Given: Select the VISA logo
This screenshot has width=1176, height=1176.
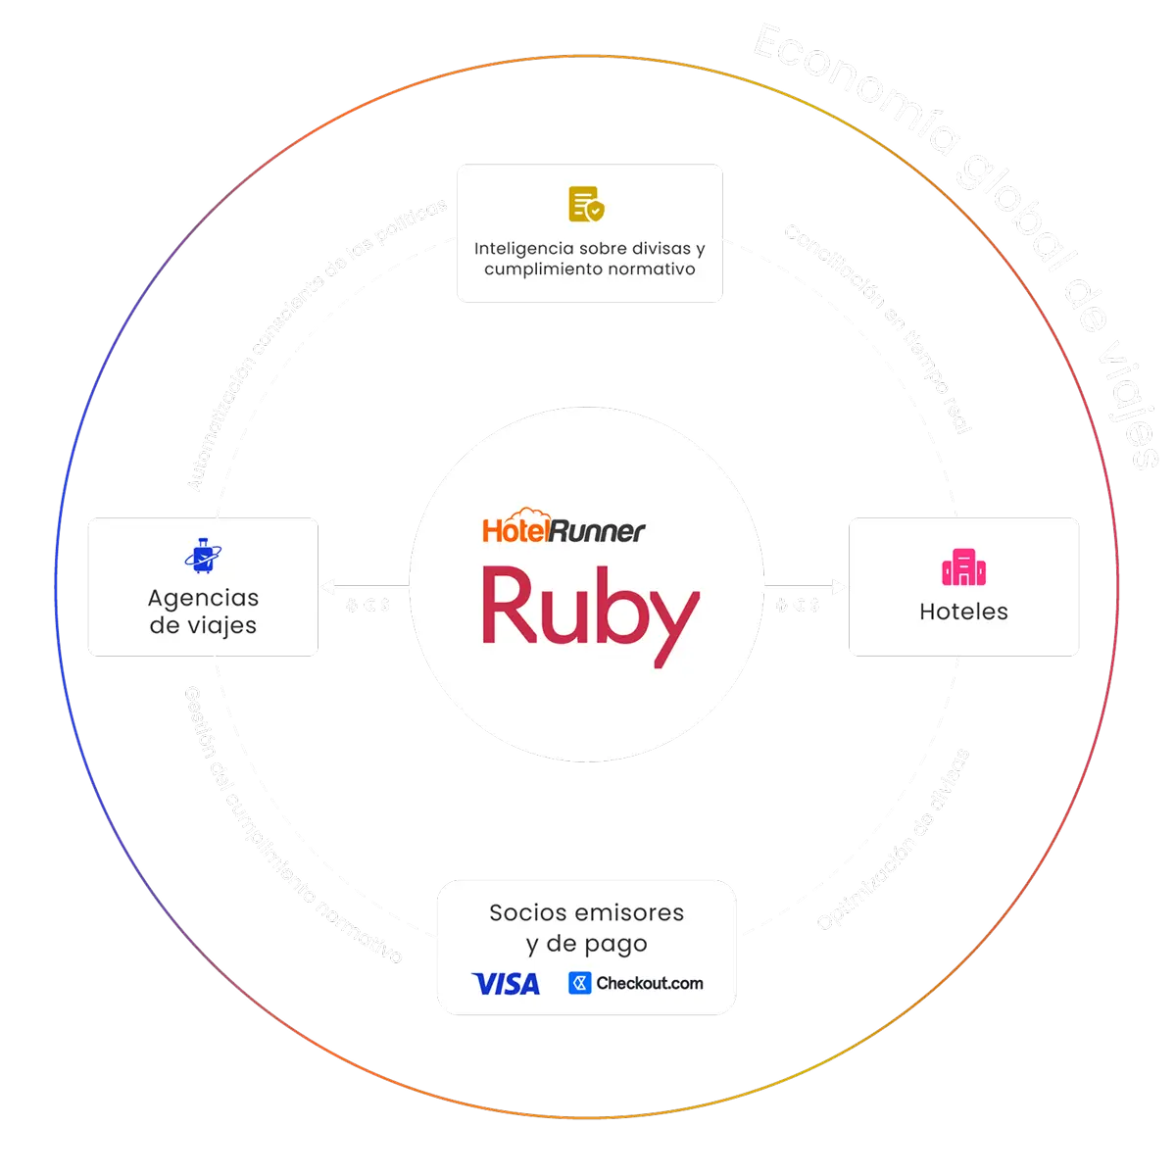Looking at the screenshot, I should tap(505, 983).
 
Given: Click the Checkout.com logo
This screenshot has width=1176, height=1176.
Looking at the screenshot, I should tap(636, 983).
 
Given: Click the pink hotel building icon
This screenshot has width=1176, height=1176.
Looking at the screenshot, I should tap(963, 567).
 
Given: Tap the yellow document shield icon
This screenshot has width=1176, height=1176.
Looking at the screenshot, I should tap(587, 204).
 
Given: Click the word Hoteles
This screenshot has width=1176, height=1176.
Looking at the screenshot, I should tap(963, 612).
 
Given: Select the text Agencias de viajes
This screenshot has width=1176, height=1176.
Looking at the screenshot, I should tap(204, 612).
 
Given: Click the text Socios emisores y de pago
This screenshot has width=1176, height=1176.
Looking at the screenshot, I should tap(586, 927).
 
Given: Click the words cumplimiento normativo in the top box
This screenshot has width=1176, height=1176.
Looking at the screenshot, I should tap(589, 269).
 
